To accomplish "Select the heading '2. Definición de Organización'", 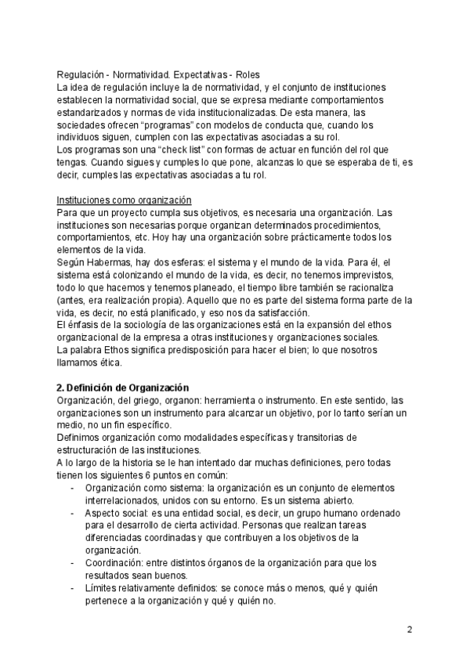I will [123, 388].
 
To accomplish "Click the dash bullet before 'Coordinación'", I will [72, 563].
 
